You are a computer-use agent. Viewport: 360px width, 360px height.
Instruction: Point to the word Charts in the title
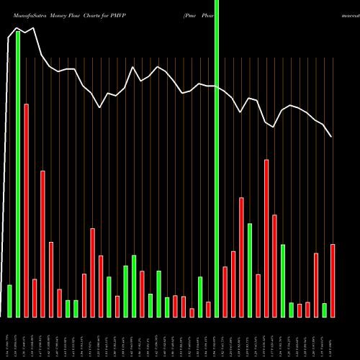pos(90,14)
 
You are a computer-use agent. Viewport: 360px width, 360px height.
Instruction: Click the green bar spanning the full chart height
pos(217,158)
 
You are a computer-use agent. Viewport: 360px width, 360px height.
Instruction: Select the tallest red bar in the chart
pos(26,209)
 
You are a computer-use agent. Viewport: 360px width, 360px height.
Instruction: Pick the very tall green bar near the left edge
pos(18,173)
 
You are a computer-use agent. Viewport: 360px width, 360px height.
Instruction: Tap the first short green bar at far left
pos(9,301)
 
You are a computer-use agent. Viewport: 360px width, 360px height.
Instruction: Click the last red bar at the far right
pos(333,281)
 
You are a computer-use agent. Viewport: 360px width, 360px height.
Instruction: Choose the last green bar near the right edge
pos(324,310)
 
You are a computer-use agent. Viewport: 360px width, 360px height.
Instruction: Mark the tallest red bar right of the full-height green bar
pos(266,238)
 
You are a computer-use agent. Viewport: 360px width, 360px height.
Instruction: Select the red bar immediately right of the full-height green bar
pos(225,292)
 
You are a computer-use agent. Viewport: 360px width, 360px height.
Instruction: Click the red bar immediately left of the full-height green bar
pos(208,309)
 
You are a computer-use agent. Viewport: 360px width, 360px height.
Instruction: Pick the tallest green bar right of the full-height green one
pos(250,270)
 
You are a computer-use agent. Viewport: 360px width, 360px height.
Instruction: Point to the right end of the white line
pos(332,136)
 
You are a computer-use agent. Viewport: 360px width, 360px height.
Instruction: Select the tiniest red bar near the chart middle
pos(192,312)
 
